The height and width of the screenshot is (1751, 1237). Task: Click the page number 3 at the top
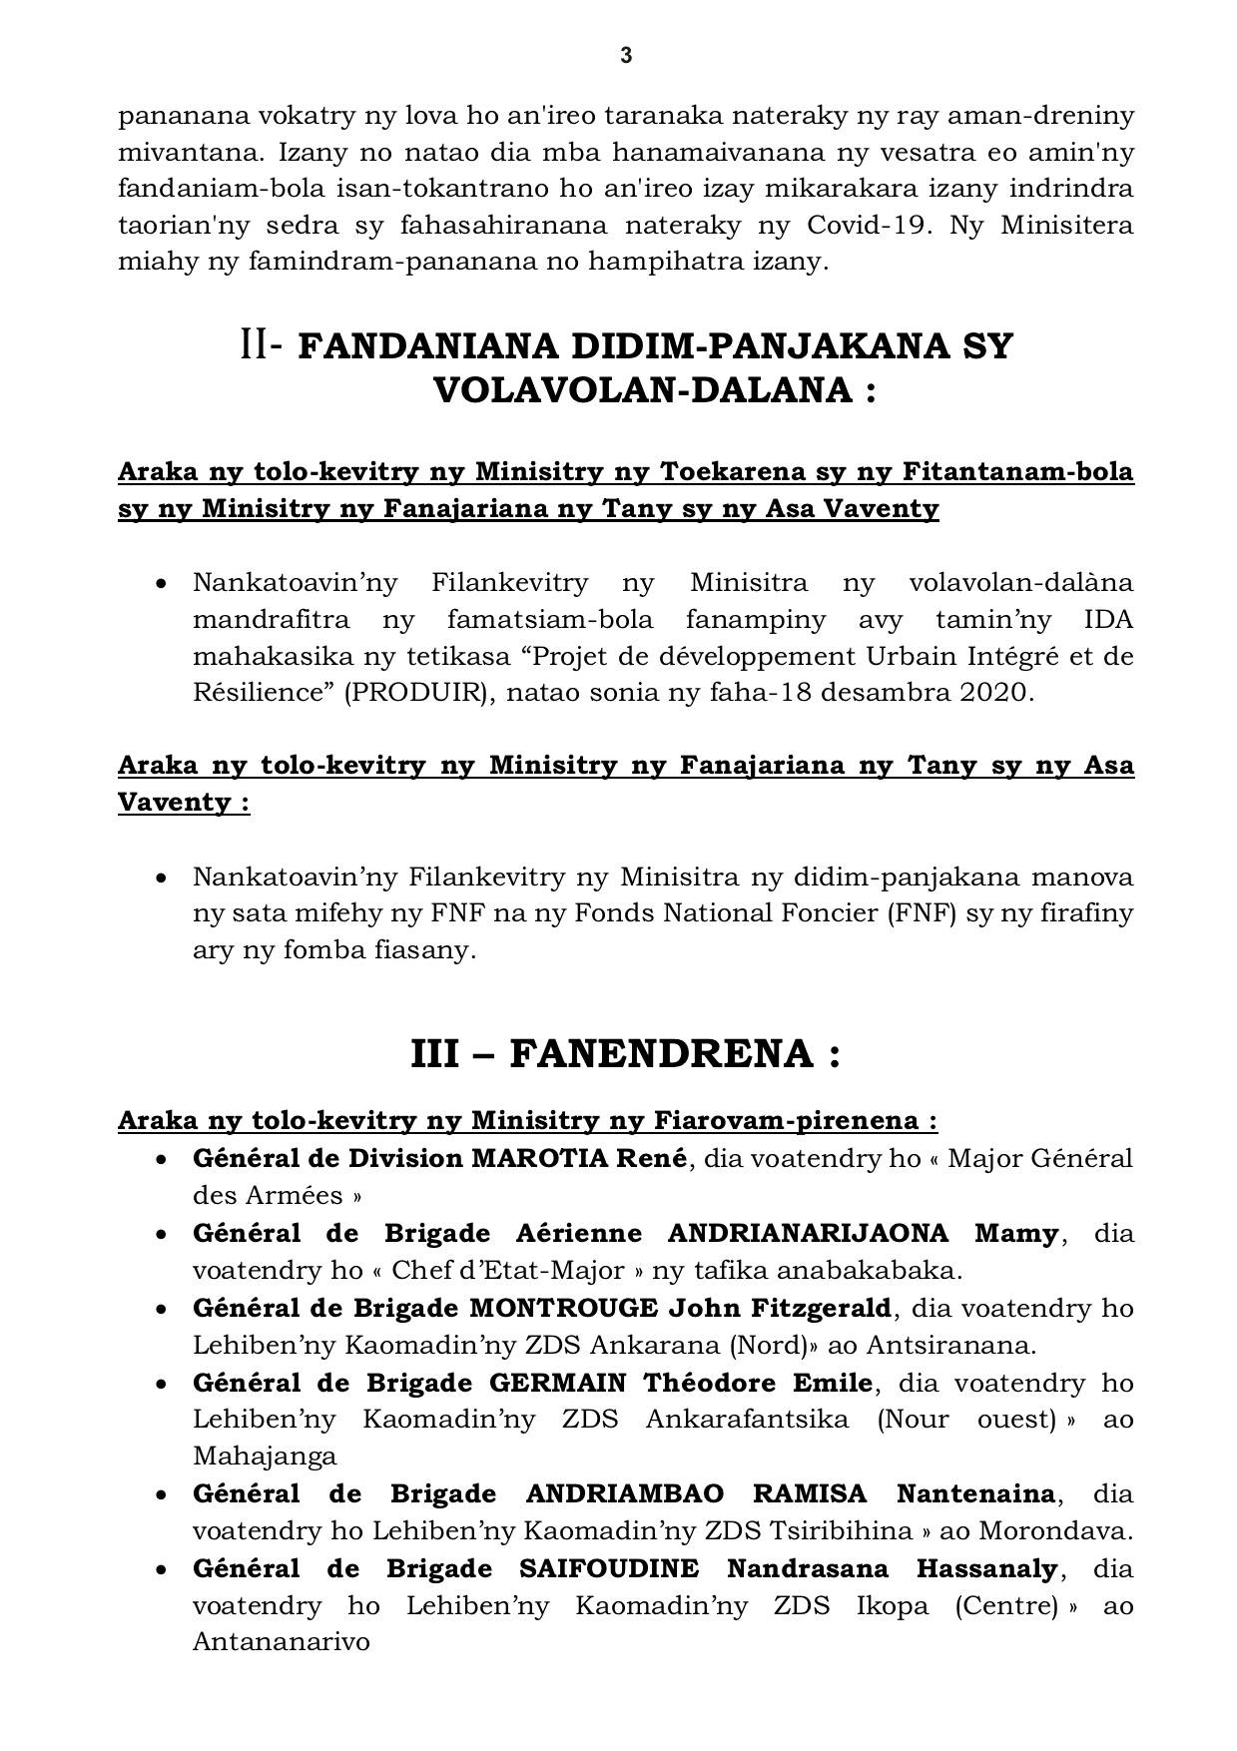click(626, 56)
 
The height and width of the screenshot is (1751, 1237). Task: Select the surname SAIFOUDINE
click(609, 1568)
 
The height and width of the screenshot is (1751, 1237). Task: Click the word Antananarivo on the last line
click(282, 1642)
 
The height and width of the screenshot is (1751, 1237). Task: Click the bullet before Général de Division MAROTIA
click(161, 1160)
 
